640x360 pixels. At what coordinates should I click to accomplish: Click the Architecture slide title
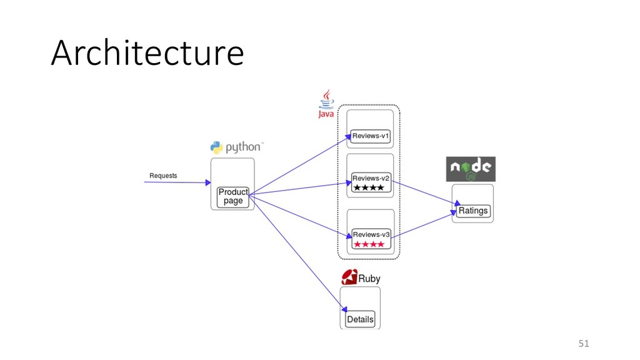click(147, 52)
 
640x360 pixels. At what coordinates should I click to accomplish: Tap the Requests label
click(163, 176)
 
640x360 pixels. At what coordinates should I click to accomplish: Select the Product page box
click(233, 197)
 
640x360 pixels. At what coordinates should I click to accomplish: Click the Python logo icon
click(216, 147)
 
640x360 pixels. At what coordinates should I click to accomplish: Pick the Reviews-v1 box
click(371, 136)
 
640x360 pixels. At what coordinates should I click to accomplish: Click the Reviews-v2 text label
click(371, 178)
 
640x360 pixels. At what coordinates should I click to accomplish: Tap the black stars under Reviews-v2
click(369, 187)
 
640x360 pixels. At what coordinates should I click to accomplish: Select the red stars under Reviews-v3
click(369, 244)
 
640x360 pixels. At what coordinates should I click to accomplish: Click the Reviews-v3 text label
click(371, 234)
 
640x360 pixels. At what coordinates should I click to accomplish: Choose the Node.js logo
click(471, 169)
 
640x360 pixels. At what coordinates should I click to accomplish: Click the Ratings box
click(473, 211)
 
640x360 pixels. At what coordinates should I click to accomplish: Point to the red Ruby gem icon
click(349, 277)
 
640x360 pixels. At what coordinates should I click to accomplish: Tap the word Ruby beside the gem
click(369, 278)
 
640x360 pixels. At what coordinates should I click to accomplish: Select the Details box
click(360, 319)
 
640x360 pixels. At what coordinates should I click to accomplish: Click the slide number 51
click(584, 343)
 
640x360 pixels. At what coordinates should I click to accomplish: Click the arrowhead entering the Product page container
click(208, 182)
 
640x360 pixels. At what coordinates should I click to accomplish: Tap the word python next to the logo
click(244, 147)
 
